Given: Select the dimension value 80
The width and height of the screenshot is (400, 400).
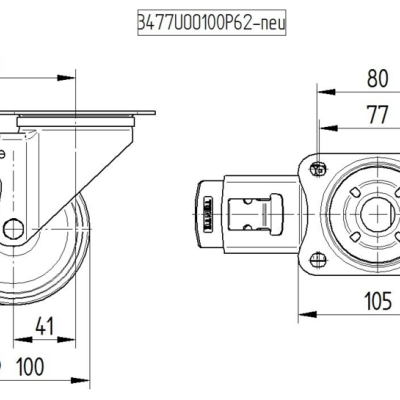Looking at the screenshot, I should coord(377,77).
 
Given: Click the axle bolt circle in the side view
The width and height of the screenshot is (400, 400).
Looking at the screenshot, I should coord(14,228).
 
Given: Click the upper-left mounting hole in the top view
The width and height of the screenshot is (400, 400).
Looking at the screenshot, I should coord(319,168).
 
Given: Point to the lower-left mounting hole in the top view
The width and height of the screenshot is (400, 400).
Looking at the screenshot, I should coord(319,261).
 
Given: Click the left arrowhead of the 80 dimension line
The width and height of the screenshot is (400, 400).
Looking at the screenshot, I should coord(322,90).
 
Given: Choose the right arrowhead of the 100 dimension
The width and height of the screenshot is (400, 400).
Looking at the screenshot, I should coord(74,377).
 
